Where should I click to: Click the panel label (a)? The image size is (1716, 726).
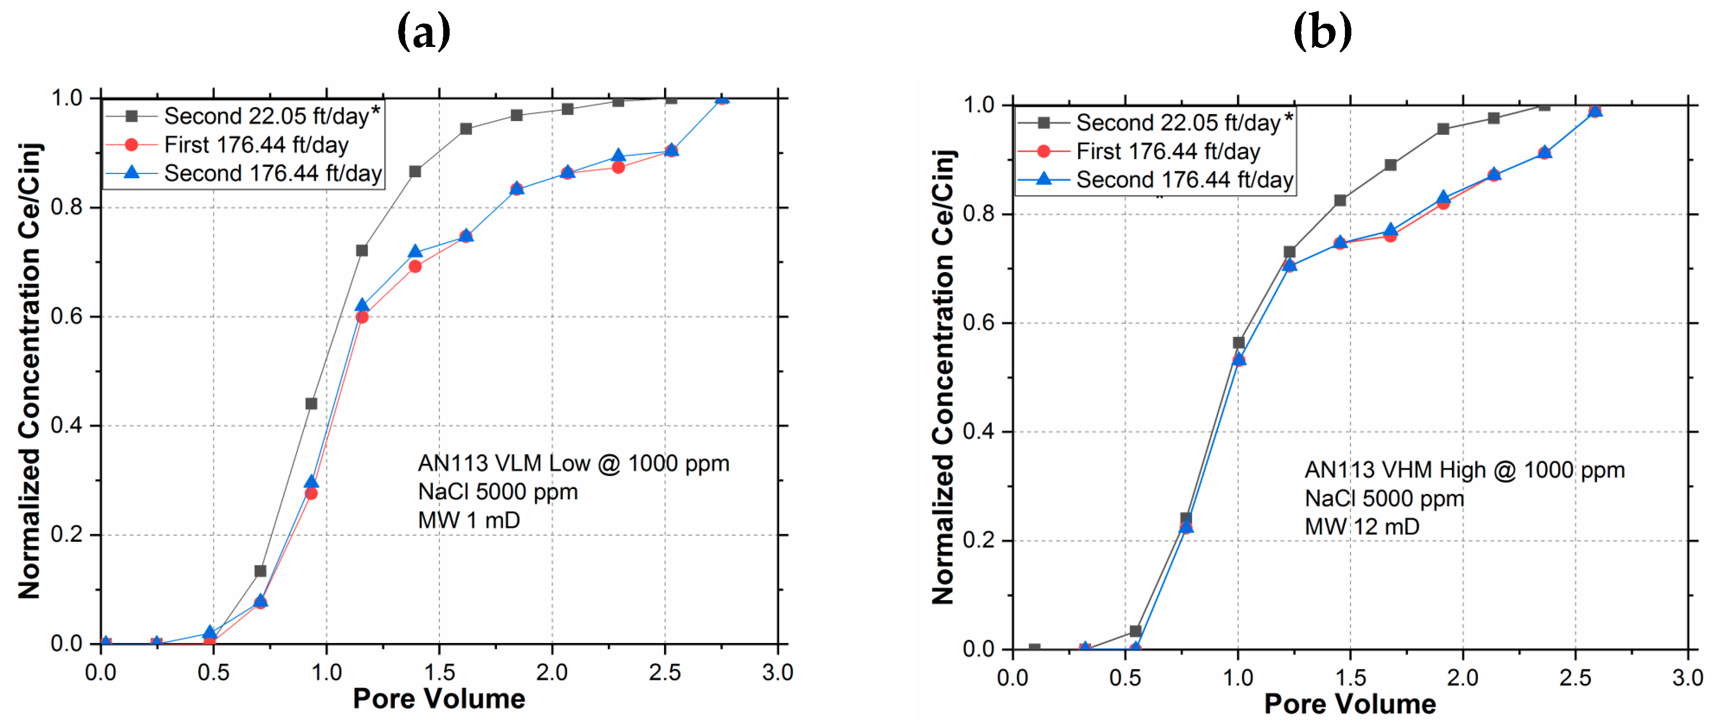[423, 31]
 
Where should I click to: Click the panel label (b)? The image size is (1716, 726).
[1322, 31]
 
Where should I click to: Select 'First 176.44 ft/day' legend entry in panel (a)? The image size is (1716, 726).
[256, 145]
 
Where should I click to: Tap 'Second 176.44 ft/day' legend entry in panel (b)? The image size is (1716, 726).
[1184, 180]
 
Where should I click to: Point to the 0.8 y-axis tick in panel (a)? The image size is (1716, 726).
[67, 207]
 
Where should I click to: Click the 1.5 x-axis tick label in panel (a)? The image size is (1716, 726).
[439, 672]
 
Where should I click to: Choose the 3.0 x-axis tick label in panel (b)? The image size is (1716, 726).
[1687, 678]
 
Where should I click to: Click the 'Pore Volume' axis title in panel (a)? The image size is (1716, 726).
[439, 699]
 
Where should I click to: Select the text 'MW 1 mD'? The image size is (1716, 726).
[468, 520]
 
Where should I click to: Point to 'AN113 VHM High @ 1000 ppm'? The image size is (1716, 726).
[1464, 470]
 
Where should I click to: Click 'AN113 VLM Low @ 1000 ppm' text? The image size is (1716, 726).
[573, 464]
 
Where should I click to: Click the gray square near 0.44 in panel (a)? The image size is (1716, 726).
[311, 403]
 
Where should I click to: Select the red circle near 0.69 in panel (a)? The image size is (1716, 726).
[415, 266]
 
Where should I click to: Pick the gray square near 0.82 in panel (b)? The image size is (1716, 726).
[1339, 201]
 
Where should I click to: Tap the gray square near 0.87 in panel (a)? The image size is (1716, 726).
[415, 172]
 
